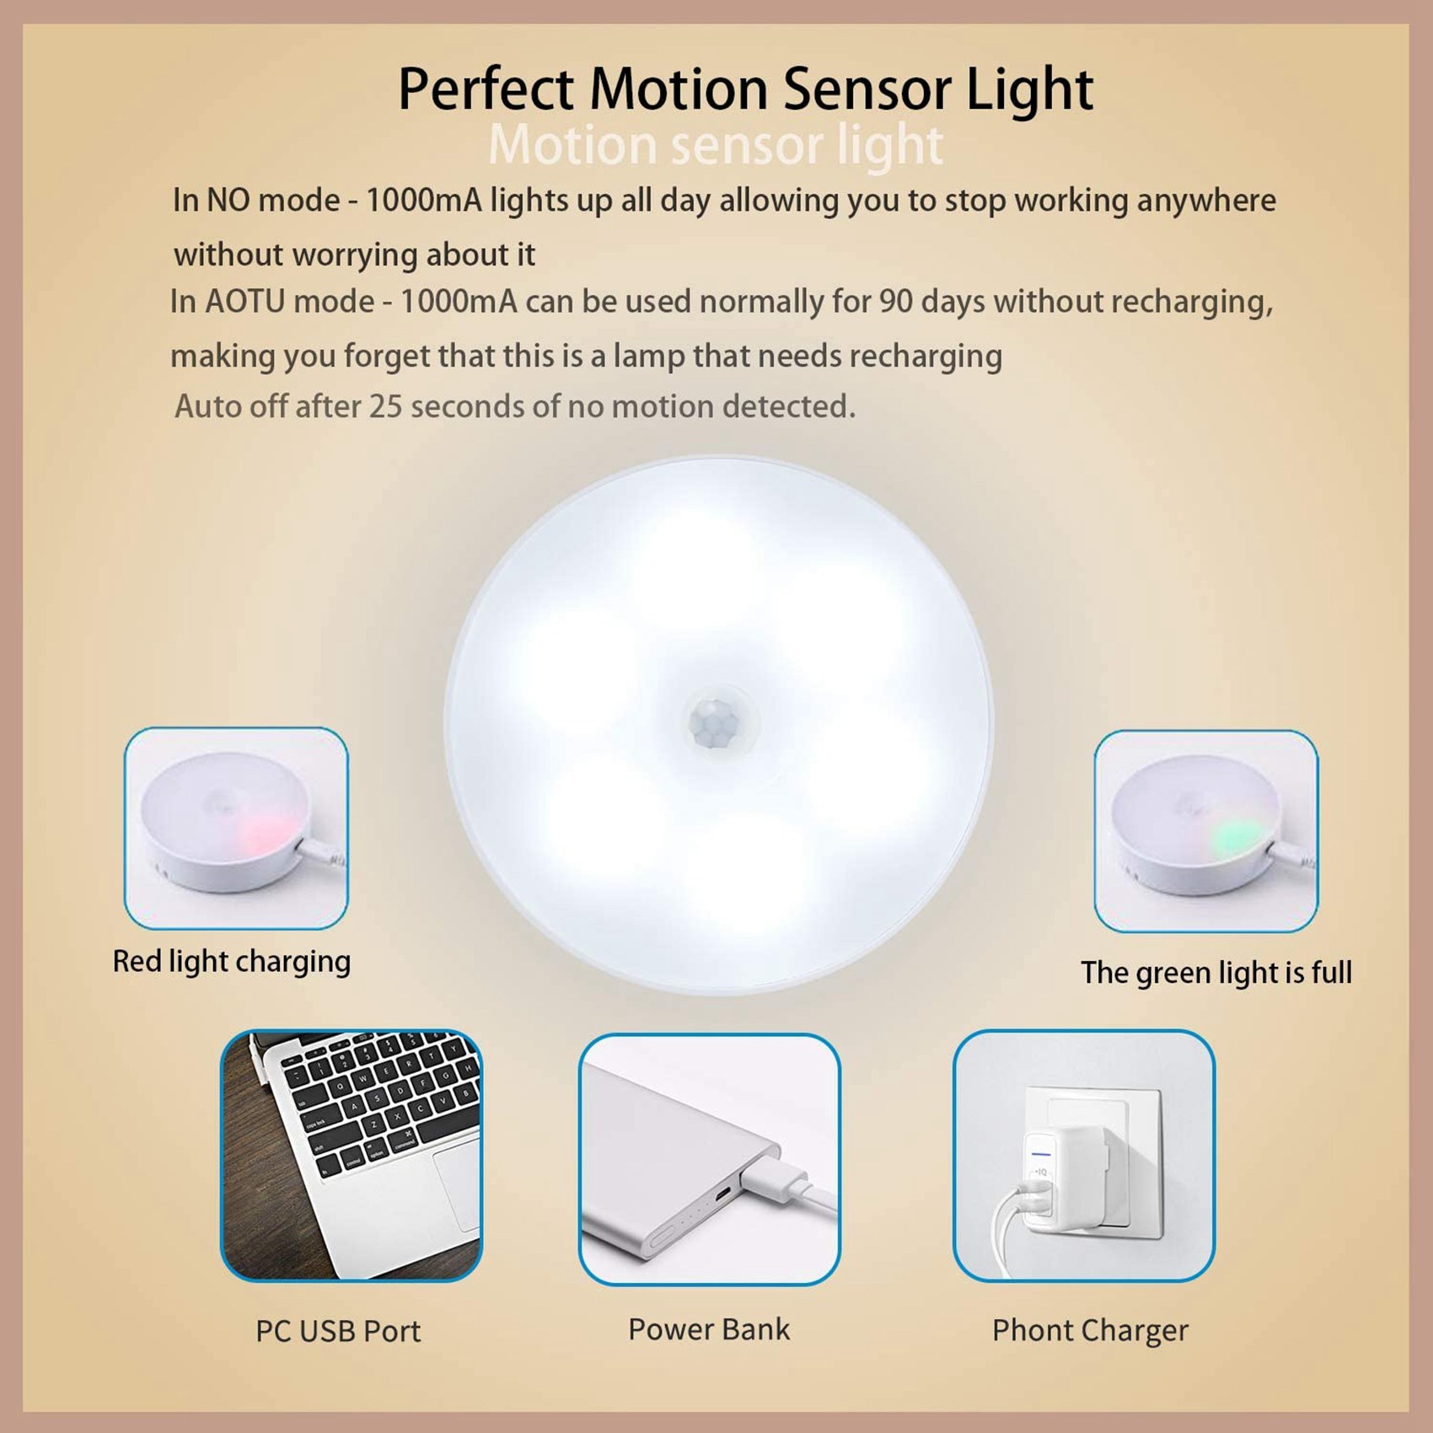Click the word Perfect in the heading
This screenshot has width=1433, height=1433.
(x=486, y=89)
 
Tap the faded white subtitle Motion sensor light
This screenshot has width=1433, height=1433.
(x=716, y=145)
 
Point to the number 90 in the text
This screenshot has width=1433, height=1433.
(x=896, y=302)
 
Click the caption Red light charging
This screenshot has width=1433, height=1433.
(x=232, y=962)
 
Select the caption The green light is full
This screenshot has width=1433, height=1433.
(x=1216, y=973)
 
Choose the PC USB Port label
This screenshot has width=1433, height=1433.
(x=338, y=1331)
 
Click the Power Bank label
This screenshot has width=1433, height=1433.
(x=709, y=1329)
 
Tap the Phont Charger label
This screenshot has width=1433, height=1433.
(x=1090, y=1330)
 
